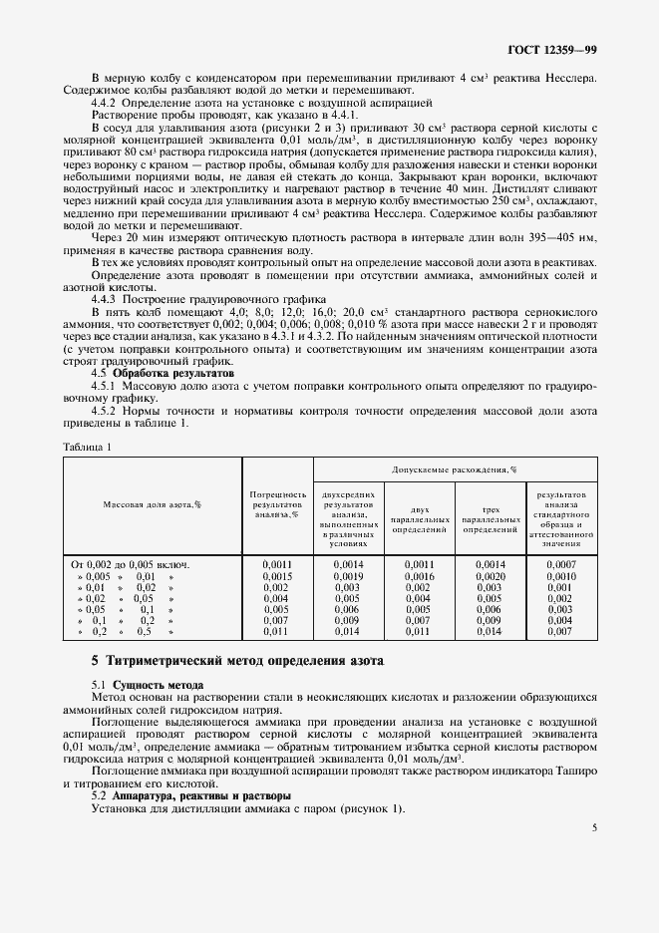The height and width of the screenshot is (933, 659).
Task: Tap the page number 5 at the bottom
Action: [x=594, y=827]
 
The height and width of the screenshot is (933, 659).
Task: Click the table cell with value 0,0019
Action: [x=348, y=576]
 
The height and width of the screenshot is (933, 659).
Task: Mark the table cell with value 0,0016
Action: [x=419, y=576]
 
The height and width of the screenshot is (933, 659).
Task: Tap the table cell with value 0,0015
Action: [x=276, y=576]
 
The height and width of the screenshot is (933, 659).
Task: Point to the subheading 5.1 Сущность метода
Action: [x=147, y=686]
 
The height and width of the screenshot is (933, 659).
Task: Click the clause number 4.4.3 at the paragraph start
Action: [x=104, y=299]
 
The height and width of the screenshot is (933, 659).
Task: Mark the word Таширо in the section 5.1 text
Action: [x=576, y=771]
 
